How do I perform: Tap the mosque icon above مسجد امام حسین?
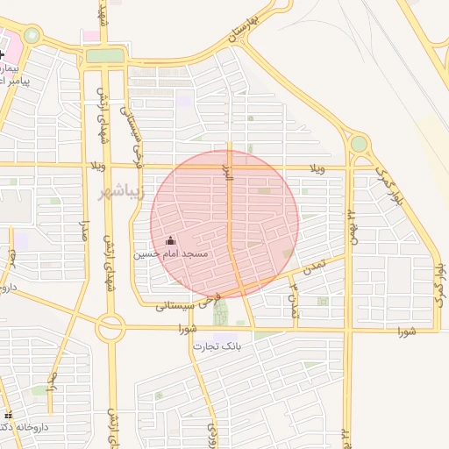click(x=170, y=240)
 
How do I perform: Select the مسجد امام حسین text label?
click(x=170, y=254)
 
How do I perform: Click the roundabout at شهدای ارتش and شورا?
click(x=110, y=329)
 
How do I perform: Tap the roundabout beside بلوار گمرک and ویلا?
click(x=359, y=144)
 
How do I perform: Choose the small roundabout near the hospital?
click(x=32, y=36)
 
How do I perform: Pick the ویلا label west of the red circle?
click(x=97, y=166)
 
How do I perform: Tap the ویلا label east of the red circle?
click(x=317, y=167)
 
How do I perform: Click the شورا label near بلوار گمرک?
click(x=404, y=331)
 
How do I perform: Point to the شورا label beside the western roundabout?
click(x=185, y=330)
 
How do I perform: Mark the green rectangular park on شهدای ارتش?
click(x=105, y=56)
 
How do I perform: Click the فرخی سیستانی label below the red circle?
click(x=185, y=304)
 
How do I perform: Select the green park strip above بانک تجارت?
click(x=219, y=311)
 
